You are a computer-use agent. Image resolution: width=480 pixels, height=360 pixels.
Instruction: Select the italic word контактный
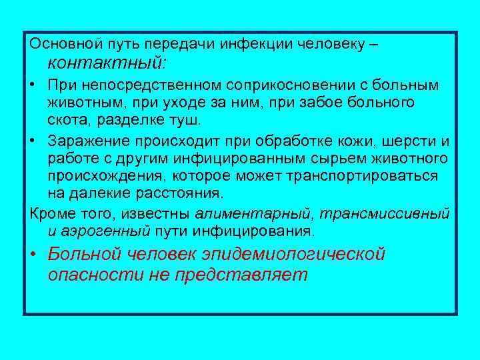107,64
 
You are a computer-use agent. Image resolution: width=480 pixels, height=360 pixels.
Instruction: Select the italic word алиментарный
254,214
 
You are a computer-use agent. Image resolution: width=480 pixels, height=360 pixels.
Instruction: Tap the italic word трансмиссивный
385,214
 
